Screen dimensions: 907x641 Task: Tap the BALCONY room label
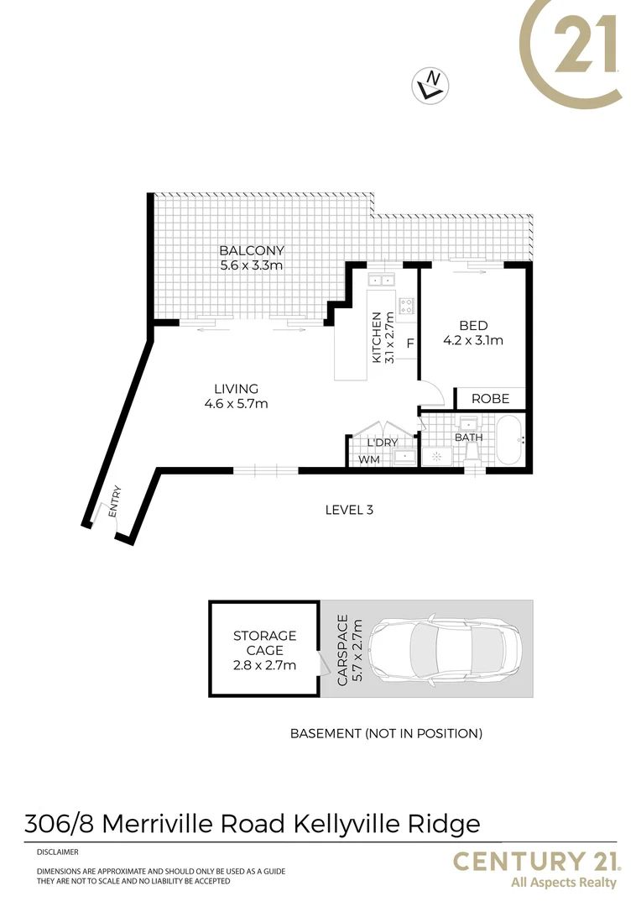(252, 250)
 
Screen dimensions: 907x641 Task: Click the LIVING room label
(236, 389)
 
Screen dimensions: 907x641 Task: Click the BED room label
(473, 326)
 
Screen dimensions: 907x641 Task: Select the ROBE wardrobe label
(490, 399)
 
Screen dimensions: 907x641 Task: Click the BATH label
(467, 438)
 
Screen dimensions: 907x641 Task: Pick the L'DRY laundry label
(382, 443)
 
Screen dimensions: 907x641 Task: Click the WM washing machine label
(368, 459)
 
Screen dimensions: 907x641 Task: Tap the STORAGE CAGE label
(264, 642)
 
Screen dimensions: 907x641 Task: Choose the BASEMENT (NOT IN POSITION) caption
(386, 733)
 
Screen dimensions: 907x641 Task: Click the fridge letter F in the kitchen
(410, 343)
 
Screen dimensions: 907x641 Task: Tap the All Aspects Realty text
(563, 883)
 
